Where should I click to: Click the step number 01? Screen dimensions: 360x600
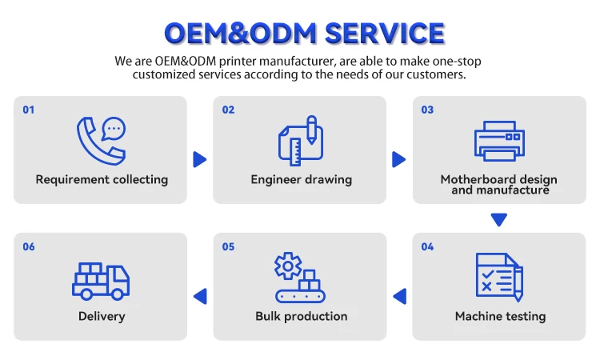click(29, 110)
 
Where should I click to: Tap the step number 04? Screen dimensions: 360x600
click(427, 246)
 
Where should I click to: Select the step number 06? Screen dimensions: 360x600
click(29, 246)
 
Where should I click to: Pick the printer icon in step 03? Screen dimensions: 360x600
click(499, 141)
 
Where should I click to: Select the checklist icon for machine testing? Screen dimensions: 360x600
click(498, 278)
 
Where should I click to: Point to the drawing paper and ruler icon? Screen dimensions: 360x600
click(300, 140)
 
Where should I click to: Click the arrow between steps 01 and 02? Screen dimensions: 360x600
click(199, 159)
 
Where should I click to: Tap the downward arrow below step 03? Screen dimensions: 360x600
click(499, 218)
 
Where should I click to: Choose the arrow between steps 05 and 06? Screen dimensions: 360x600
click(200, 297)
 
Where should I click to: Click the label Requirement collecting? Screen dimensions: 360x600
click(102, 179)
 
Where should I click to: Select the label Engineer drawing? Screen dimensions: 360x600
click(301, 179)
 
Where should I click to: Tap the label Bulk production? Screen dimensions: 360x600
click(301, 316)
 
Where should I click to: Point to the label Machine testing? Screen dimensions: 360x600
click(500, 316)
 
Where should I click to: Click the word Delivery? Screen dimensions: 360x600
click(102, 316)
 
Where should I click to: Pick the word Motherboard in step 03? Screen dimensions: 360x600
click(476, 179)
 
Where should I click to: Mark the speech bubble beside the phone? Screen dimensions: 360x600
click(115, 128)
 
